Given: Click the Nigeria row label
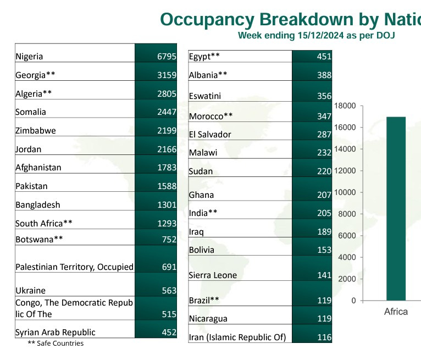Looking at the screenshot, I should point(30,56).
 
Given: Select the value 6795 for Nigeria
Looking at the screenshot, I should point(167,56).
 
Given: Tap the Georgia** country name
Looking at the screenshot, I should point(35,75).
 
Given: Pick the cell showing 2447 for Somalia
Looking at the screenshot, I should point(167,112).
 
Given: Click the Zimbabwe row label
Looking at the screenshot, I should point(36,131).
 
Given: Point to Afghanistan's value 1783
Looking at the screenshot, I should point(167,168).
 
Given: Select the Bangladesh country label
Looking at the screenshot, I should point(38,205).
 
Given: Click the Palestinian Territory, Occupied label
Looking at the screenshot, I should point(74,267).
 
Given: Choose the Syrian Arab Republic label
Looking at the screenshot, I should point(56,332).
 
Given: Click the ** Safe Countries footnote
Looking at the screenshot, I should point(56,344).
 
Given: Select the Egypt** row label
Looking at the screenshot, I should point(204,56).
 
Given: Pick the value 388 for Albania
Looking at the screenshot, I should point(324,75).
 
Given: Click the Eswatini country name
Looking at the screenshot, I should point(205,96).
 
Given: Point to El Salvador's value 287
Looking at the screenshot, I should point(324,134).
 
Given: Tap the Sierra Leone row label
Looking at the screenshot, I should point(213,275).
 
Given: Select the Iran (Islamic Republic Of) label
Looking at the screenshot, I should point(237,337).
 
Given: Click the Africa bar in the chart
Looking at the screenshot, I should point(396,209).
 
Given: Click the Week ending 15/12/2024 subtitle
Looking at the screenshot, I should point(317,35).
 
